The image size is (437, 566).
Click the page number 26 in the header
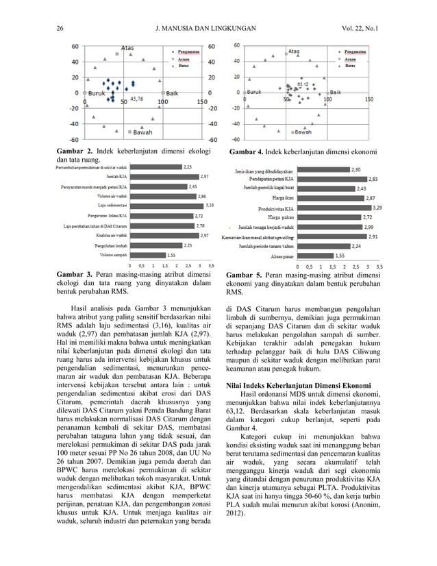click(60, 29)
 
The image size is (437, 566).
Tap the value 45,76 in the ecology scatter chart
click(136, 99)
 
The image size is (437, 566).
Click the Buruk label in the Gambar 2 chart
click(97, 92)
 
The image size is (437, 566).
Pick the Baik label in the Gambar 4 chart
click(336, 92)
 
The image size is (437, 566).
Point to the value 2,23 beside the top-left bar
click(187, 166)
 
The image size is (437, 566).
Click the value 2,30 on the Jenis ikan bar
click(355, 169)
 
